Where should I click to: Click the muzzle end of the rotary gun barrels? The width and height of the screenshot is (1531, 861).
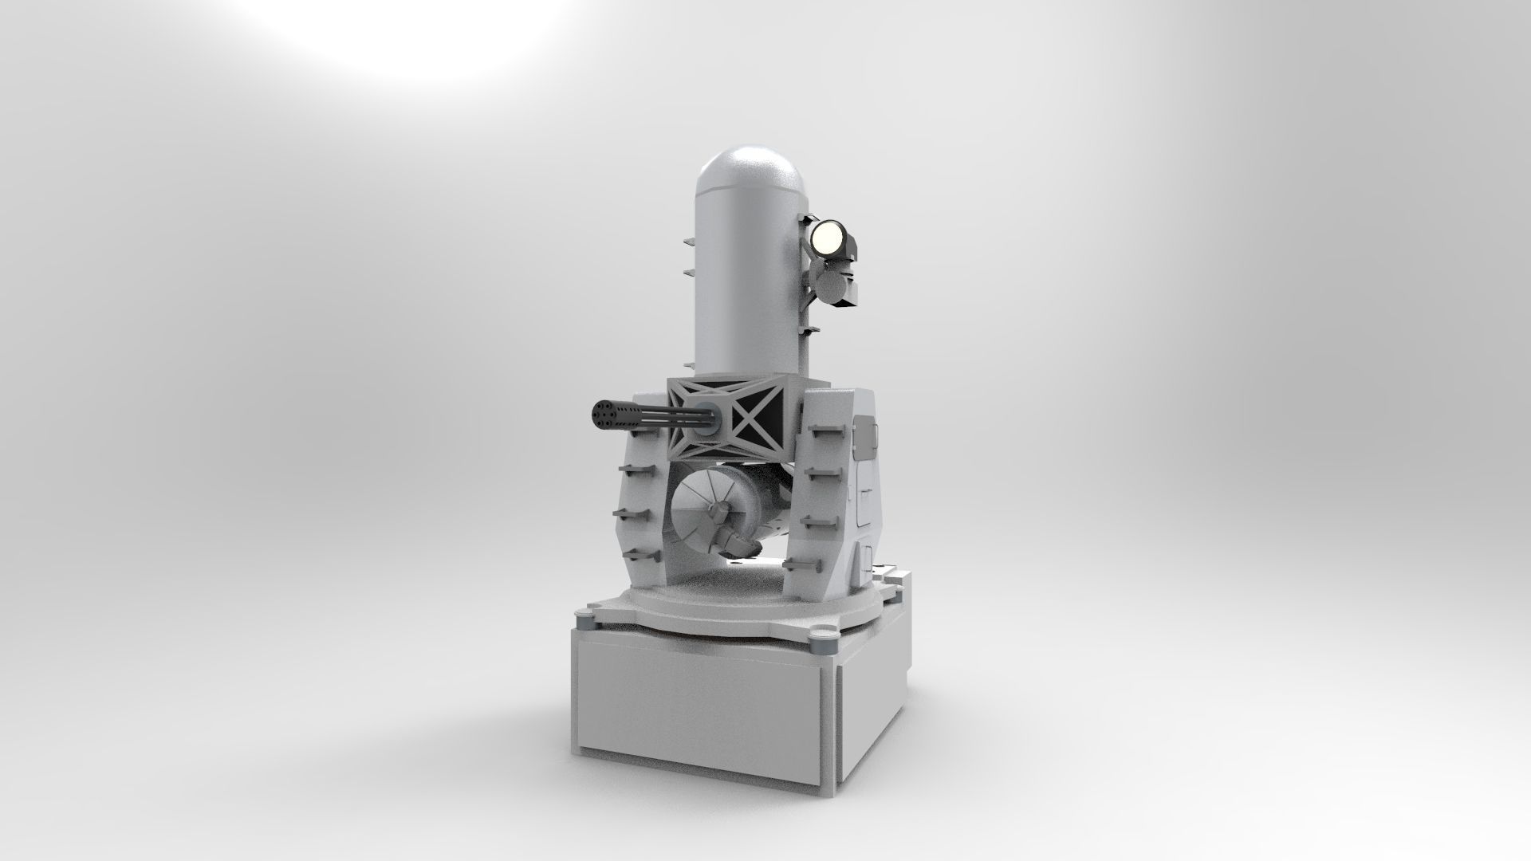604,415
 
